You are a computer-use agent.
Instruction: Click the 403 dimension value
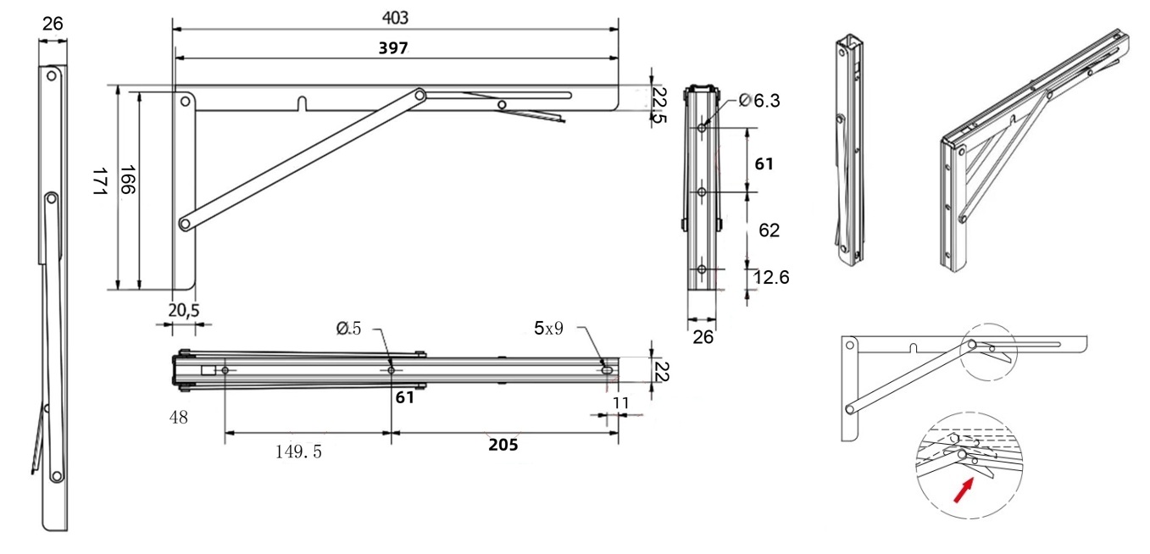(395, 17)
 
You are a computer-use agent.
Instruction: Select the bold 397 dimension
(393, 48)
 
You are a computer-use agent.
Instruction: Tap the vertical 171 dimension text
(98, 183)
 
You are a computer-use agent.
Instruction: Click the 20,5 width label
(183, 311)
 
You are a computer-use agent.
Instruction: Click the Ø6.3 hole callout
(759, 101)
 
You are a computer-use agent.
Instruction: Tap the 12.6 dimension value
(770, 276)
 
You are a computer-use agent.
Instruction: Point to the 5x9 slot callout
(548, 328)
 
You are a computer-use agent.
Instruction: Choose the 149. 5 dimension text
(298, 452)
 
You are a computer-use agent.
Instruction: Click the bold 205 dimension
(503, 445)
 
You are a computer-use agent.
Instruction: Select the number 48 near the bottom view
(179, 417)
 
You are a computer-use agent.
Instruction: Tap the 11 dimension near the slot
(620, 403)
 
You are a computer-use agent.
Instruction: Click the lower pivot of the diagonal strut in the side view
(185, 224)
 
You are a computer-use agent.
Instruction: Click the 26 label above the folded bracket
(53, 24)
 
